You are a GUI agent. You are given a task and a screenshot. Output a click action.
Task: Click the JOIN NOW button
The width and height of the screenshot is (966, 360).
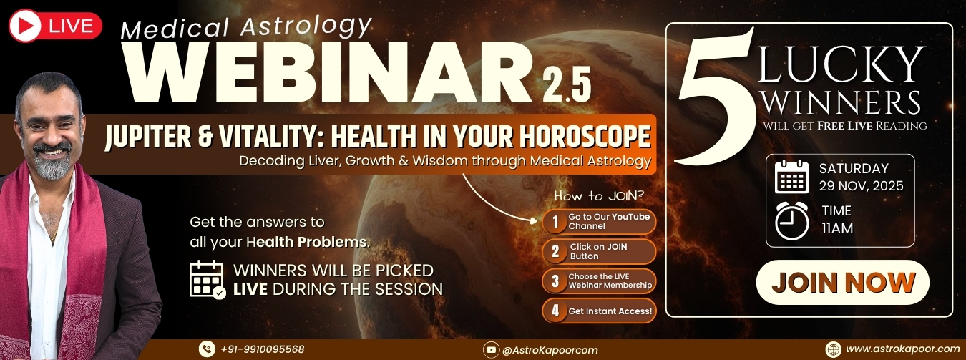(843, 282)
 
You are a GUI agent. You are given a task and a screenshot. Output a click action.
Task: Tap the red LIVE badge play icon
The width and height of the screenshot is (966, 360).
(24, 26)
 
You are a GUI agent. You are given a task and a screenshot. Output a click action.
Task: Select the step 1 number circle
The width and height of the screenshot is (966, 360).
(555, 222)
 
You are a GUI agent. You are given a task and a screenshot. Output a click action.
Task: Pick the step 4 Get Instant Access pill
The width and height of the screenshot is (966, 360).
(599, 311)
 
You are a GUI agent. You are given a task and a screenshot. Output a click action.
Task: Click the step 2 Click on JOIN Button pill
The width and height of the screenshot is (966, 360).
(599, 251)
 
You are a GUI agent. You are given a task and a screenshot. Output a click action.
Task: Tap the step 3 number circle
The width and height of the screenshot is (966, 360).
(555, 281)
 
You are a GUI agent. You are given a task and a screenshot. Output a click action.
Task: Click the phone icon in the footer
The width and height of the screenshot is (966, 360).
(207, 349)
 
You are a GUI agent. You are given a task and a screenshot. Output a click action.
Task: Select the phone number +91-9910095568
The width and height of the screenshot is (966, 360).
(262, 349)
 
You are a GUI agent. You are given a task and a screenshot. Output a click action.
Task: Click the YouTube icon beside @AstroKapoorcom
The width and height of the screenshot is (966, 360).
(491, 350)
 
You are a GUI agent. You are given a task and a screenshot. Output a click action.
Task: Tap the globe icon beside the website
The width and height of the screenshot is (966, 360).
(833, 349)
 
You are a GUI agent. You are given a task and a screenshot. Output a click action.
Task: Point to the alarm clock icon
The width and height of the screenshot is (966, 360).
(792, 220)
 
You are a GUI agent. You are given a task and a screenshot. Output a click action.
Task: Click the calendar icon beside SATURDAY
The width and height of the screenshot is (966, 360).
(792, 176)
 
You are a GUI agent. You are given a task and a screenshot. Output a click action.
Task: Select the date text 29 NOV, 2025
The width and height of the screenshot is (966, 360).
(862, 186)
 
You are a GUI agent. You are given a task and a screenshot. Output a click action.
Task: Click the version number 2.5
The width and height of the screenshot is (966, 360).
(566, 85)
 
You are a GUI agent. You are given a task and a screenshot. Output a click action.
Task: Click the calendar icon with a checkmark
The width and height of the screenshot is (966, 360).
(208, 279)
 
